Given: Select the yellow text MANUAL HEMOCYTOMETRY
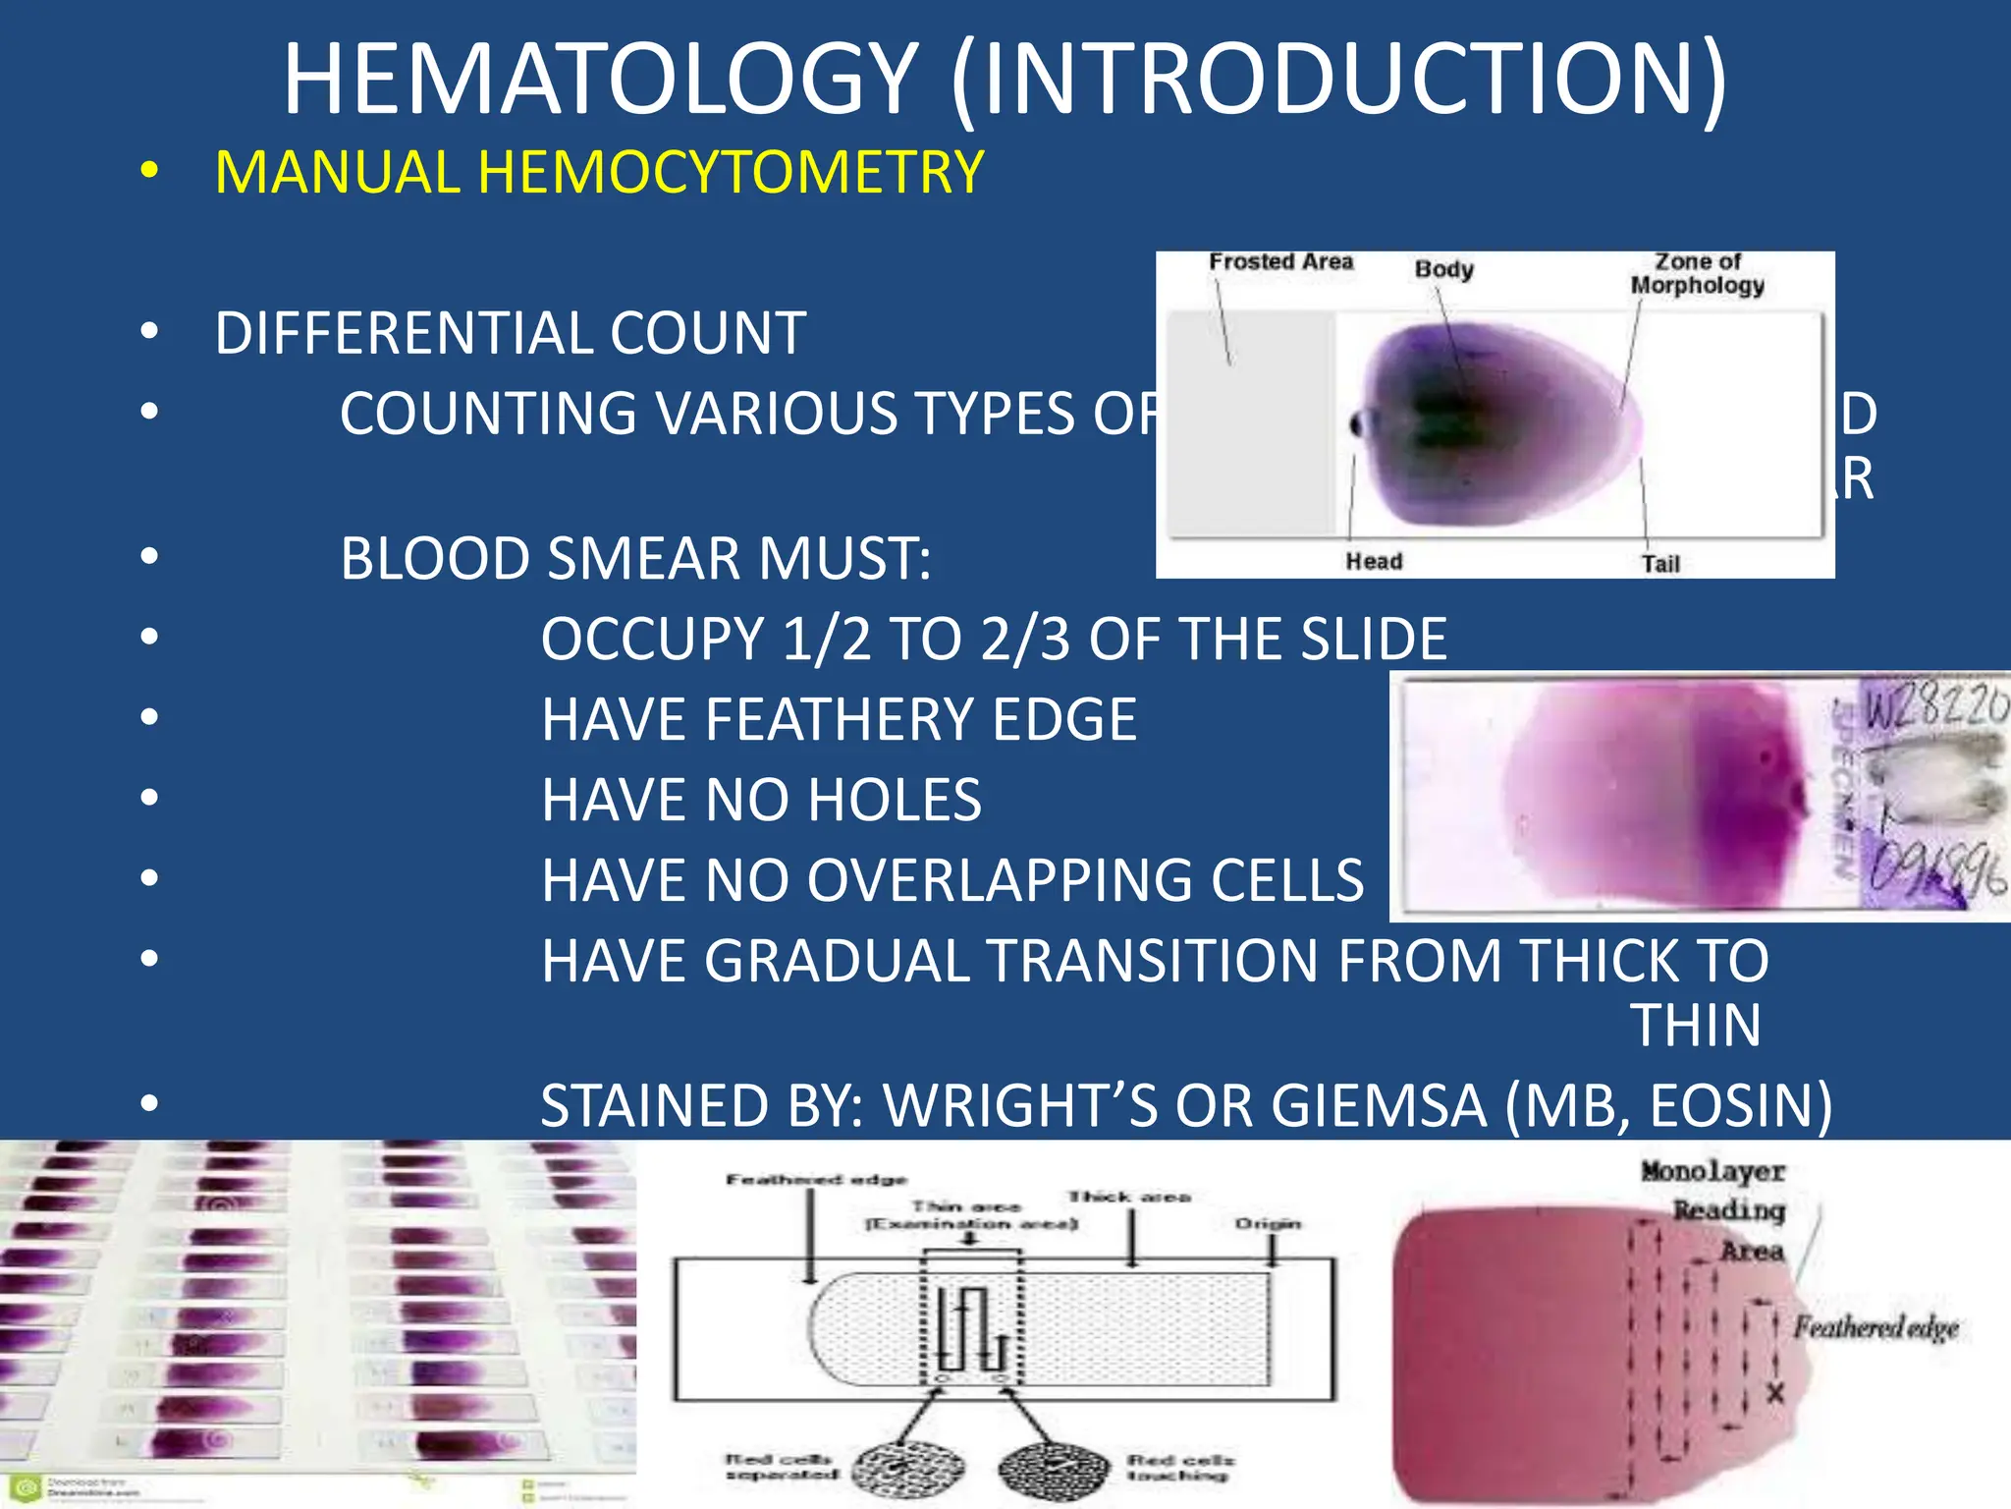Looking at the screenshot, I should coord(599,173).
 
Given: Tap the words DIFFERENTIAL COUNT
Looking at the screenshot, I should coord(511,333).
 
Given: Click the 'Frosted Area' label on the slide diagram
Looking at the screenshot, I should coord(1280,262).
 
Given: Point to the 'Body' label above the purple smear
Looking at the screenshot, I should coord(1443,269).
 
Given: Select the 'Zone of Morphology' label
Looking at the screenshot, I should coord(1698,274).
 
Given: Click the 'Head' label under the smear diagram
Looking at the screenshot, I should coord(1374,561).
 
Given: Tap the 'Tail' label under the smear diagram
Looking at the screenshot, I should coord(1660,564).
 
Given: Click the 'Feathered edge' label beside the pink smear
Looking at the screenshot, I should coord(1876,1328).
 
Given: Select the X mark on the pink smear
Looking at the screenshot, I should coord(1775,1393).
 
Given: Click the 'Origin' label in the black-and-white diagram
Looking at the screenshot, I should coord(1268,1224).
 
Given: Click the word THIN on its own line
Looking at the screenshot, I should coord(1696,1027).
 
